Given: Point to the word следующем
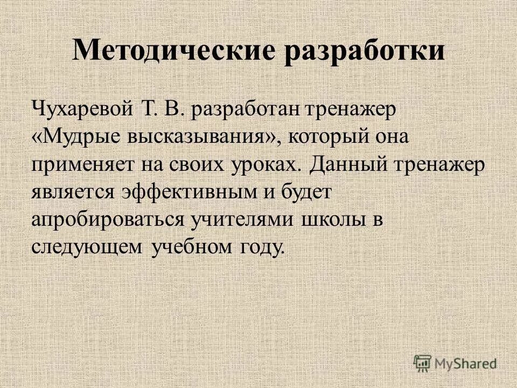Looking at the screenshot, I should pos(87,247).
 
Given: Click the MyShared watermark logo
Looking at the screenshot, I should pos(455,363).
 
